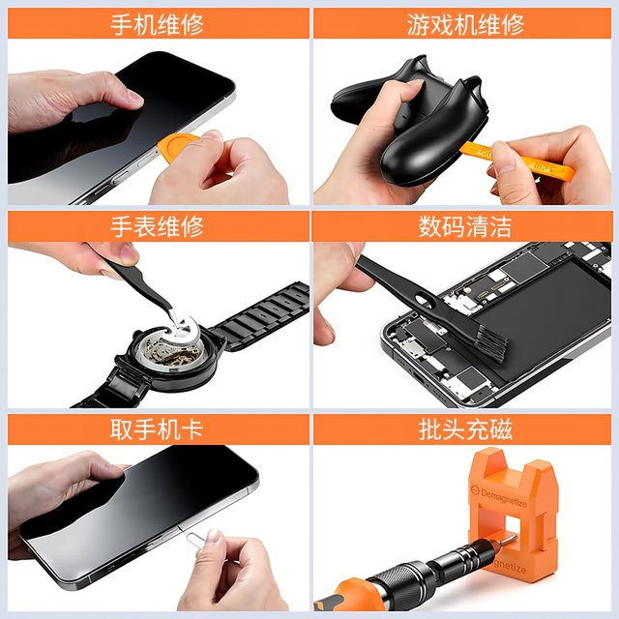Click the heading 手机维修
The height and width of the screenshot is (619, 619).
(157, 24)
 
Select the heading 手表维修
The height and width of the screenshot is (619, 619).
(157, 227)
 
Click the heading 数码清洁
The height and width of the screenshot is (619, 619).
(465, 227)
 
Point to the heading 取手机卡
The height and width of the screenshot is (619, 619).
(157, 429)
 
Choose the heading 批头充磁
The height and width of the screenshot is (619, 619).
(465, 429)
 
